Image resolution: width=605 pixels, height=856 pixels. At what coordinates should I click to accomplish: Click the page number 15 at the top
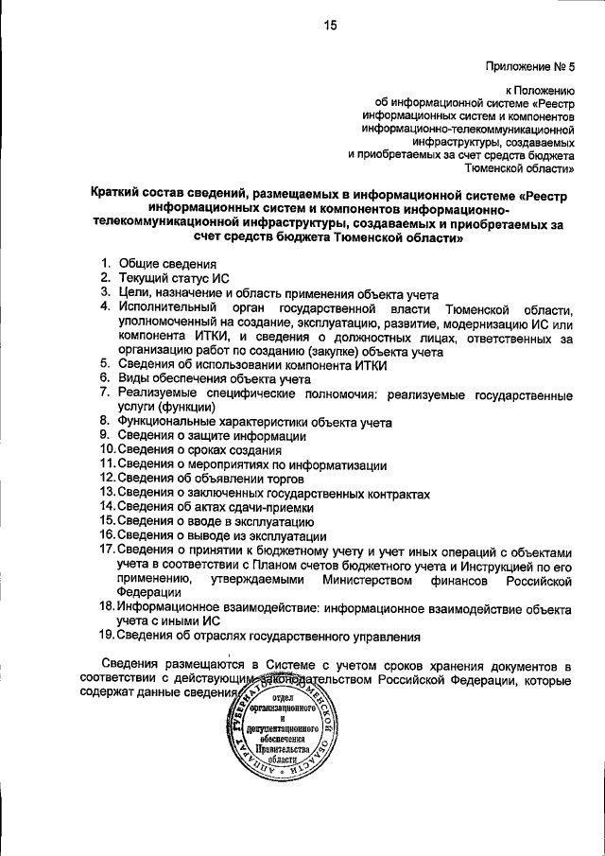(x=331, y=26)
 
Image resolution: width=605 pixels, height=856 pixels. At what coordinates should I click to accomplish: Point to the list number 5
(x=106, y=364)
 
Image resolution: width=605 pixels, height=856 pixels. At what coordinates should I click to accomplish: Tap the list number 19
(x=108, y=637)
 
